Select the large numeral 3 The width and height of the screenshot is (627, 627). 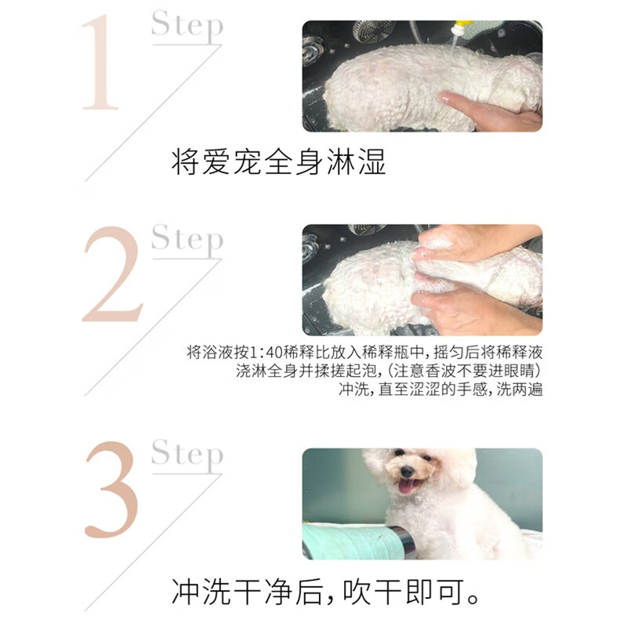111,489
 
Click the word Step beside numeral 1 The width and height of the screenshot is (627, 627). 187,26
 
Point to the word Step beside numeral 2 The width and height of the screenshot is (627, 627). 187,240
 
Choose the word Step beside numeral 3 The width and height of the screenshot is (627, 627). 187,455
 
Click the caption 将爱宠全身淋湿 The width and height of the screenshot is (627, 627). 279,161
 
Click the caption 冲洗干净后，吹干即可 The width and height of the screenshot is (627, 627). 326,592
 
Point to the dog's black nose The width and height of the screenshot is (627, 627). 407,471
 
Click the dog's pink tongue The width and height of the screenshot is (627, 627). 407,487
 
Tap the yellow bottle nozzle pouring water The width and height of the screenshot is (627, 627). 462,28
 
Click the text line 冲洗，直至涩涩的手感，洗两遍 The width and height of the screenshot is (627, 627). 440,389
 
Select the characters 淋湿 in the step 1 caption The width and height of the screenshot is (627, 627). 357,161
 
